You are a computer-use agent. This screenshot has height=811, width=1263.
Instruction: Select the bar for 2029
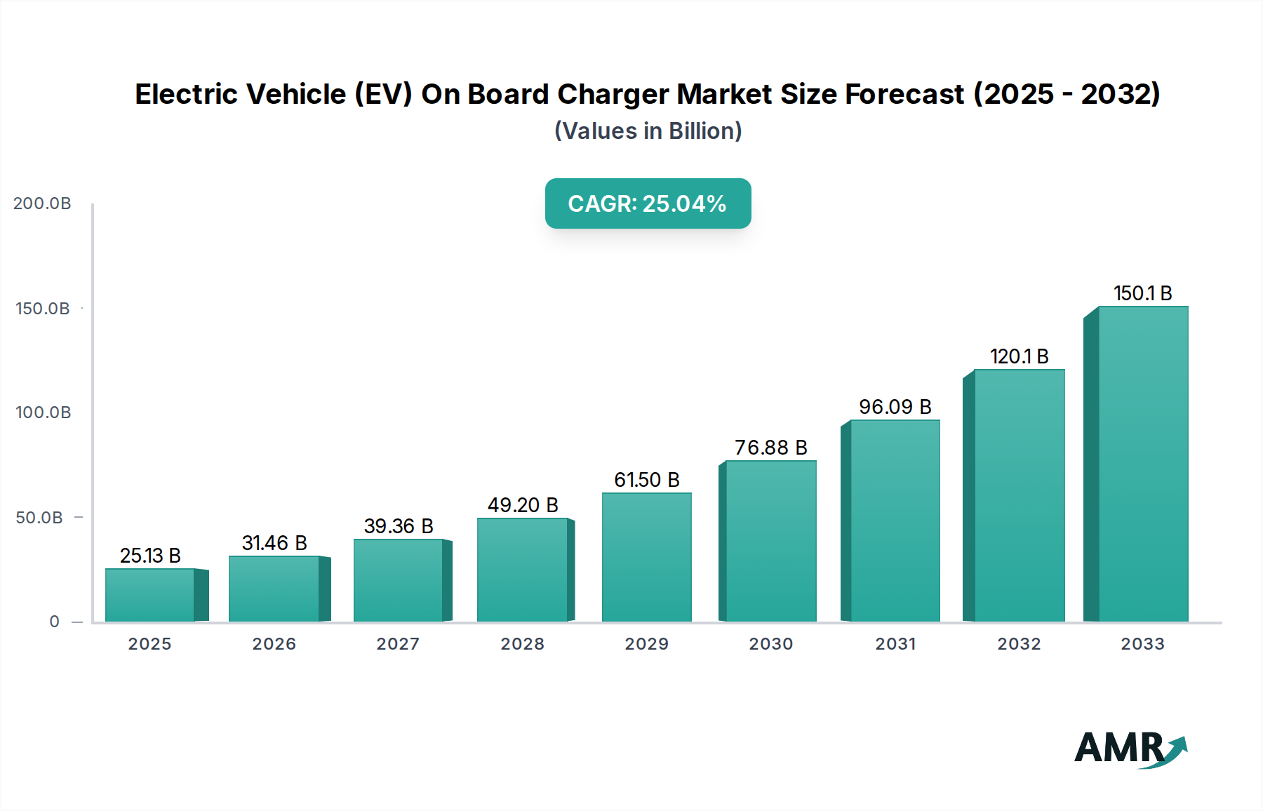click(x=646, y=557)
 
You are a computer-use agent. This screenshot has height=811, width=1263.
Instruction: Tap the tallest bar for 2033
click(x=1142, y=464)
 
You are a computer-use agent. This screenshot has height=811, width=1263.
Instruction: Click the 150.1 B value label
click(x=1142, y=293)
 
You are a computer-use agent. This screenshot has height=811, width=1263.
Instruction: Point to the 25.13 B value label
click(x=150, y=556)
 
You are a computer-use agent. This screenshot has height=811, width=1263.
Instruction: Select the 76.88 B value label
click(x=770, y=448)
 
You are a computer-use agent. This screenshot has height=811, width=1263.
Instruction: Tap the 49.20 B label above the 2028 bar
click(x=523, y=505)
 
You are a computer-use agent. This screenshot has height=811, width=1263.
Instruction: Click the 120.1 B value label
click(x=1019, y=356)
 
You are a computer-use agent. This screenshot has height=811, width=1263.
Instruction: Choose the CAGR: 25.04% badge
click(x=648, y=203)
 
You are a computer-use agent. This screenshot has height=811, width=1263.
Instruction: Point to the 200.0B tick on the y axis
click(x=42, y=203)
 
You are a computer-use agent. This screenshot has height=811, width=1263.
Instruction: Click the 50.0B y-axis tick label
click(x=39, y=518)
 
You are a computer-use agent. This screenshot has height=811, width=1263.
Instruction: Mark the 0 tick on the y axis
click(x=55, y=622)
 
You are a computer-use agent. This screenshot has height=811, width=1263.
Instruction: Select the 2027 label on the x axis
click(x=398, y=644)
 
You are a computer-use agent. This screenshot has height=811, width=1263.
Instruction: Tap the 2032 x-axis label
click(x=1019, y=644)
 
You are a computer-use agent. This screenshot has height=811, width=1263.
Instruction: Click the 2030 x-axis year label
click(x=770, y=644)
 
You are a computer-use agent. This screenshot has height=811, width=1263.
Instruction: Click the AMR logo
click(x=1130, y=749)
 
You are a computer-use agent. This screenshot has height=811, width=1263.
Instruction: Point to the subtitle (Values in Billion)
click(x=648, y=131)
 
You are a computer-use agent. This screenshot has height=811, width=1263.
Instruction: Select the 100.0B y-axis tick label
click(x=43, y=413)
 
